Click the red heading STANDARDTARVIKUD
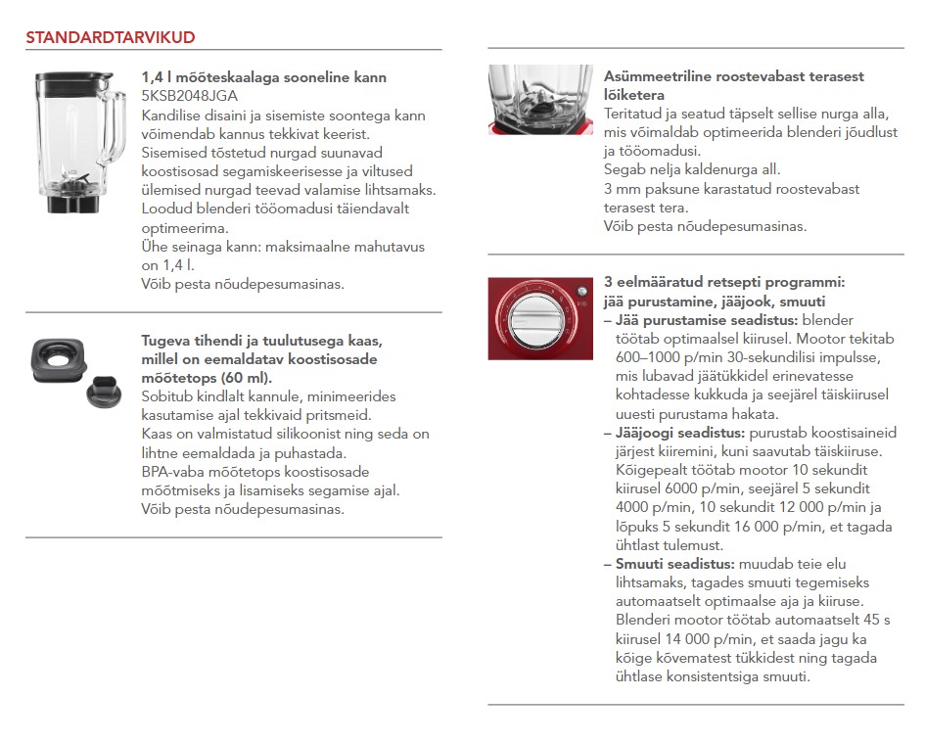tap(110, 38)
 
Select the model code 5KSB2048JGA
tap(190, 96)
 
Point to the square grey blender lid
tap(61, 360)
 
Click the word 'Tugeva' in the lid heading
tap(166, 341)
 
